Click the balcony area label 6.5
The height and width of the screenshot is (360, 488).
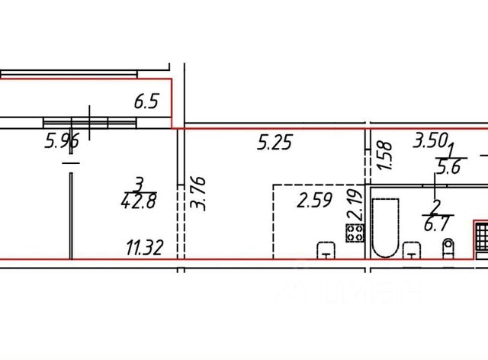[x=146, y=101]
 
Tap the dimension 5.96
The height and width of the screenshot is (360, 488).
[x=62, y=141]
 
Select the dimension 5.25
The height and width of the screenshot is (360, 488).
[x=274, y=143]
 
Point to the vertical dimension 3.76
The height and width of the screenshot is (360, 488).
[x=198, y=194]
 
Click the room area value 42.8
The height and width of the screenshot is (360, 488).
[x=139, y=201]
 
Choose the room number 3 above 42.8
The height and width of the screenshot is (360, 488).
[x=139, y=185]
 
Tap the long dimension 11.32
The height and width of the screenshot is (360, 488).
[x=144, y=248]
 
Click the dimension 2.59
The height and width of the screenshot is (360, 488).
[x=314, y=201]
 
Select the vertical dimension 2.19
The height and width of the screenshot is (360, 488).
[x=355, y=205]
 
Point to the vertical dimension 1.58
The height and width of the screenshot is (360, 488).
[x=384, y=156]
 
